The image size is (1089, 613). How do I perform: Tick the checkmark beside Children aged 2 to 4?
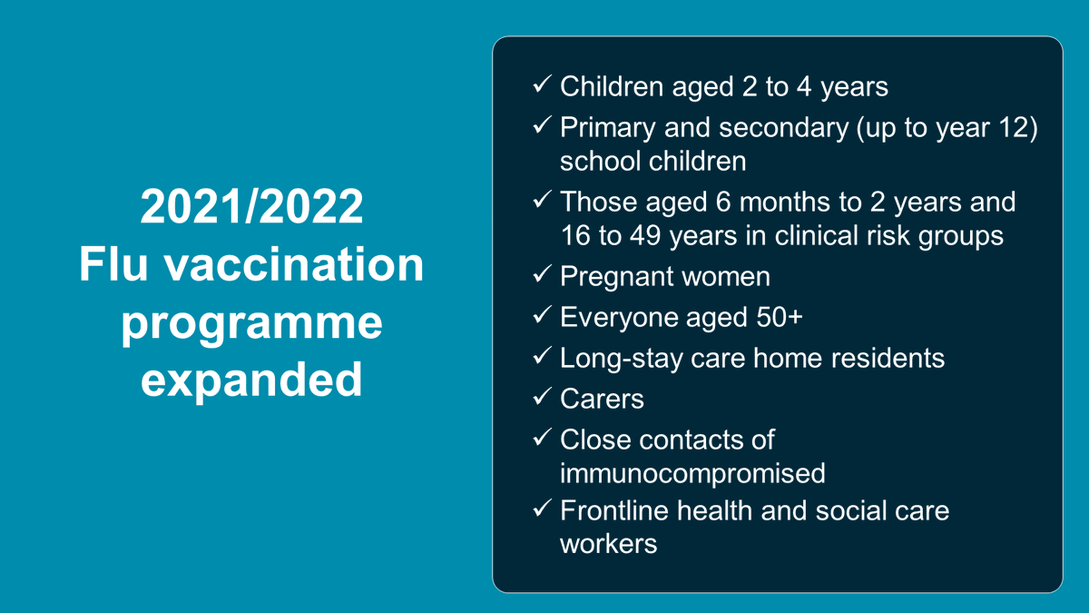tap(542, 85)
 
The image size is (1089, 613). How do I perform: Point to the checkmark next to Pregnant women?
tap(542, 275)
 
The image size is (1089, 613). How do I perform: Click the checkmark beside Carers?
tap(542, 397)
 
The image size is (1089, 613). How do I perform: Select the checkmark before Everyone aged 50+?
tap(542, 316)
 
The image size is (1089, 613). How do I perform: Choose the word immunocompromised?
tap(692, 473)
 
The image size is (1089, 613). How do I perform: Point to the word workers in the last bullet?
tap(608, 545)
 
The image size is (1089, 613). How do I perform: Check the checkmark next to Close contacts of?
tap(542, 438)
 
